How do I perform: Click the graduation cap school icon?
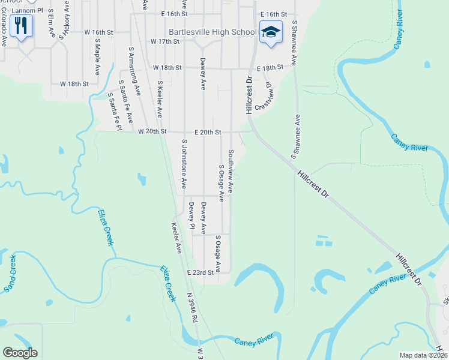coord(271,32)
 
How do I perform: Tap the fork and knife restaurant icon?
coord(21,26)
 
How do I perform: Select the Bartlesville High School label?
coord(212,32)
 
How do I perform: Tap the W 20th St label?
coord(151,131)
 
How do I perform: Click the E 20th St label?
coord(208,131)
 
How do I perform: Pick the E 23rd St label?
coord(200,272)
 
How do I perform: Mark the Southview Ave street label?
coord(231,171)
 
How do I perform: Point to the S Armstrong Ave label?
coord(134,70)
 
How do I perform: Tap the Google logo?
coord(20,353)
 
